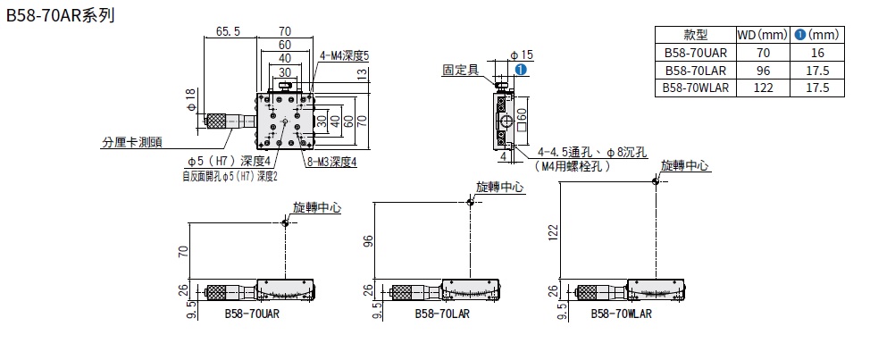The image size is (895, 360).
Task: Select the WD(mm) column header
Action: pos(762,35)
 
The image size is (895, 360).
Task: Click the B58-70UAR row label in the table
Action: pos(695,53)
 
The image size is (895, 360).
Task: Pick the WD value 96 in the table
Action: pos(762,70)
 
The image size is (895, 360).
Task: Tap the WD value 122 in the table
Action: pos(762,88)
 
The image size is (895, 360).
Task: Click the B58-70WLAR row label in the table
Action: pos(695,88)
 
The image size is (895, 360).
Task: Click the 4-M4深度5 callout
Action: pos(344,55)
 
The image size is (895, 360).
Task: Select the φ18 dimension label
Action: pos(190,99)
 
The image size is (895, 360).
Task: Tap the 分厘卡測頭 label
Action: pos(131,141)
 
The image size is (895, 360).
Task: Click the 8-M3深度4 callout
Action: pos(331,162)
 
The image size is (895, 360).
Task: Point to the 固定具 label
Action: pos(461,68)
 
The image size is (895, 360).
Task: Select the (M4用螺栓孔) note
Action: pos(573,166)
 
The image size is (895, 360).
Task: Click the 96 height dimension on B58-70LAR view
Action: pos(365,241)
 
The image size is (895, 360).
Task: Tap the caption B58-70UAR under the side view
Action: pos(252,314)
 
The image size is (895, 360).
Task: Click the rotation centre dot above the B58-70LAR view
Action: pos(471,202)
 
